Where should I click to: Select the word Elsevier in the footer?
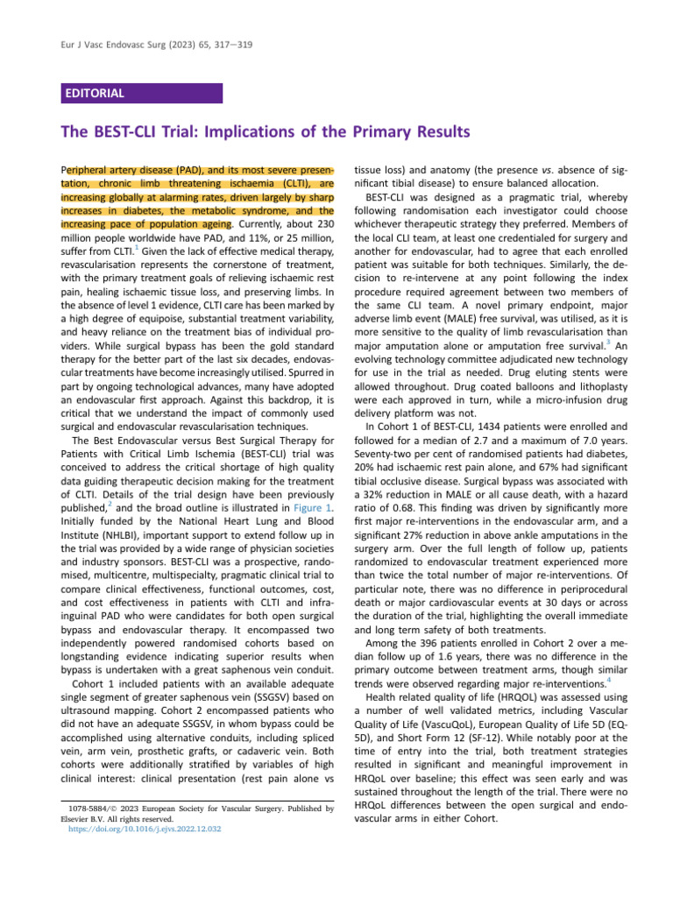coord(76,818)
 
